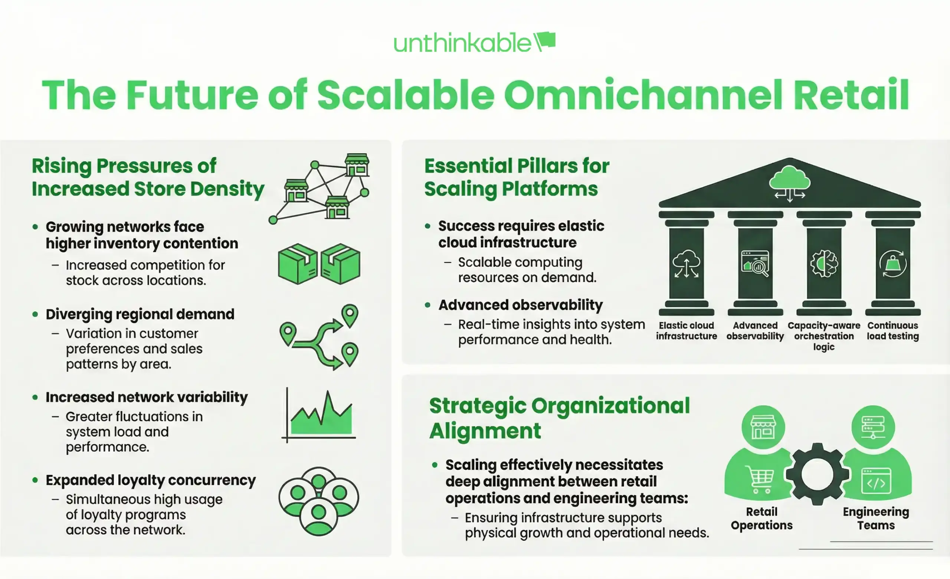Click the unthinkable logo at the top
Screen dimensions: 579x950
pos(474,42)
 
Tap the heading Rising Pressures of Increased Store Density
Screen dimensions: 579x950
pos(148,177)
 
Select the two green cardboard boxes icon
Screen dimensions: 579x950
pos(319,264)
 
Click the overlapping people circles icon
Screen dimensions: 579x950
pos(318,501)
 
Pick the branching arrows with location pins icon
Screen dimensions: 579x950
pos(319,337)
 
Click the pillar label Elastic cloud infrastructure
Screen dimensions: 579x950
pos(686,331)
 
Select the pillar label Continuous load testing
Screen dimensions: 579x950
pos(892,331)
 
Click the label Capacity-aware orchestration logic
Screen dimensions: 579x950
pos(824,336)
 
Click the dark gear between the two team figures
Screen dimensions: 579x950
pos(818,474)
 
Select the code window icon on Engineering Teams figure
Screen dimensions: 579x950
pos(876,481)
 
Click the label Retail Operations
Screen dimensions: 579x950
pos(761,519)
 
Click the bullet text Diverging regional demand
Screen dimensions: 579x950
pos(140,314)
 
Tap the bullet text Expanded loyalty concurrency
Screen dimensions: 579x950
pos(150,480)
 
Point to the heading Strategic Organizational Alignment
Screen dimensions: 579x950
pos(559,418)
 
